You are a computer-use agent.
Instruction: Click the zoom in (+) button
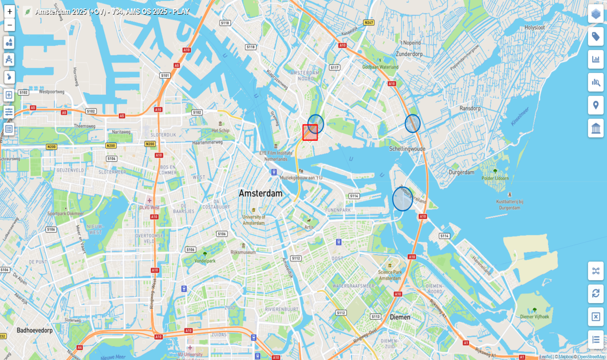click(9, 11)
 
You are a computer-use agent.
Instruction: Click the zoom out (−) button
click(9, 25)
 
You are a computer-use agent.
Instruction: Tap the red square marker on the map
click(310, 132)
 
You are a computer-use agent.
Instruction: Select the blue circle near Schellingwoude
click(413, 123)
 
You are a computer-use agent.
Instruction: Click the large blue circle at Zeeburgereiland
click(403, 199)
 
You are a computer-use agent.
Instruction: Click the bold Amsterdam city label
click(260, 194)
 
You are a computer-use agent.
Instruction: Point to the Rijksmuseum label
click(243, 252)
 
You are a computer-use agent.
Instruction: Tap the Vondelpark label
click(205, 260)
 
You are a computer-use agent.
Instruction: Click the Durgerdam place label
click(461, 172)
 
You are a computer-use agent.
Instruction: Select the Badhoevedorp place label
click(34, 330)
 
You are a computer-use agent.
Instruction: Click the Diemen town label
click(400, 317)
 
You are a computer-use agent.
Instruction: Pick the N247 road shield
click(368, 23)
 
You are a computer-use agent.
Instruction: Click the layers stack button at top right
click(596, 14)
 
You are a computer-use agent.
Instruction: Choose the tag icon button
click(596, 37)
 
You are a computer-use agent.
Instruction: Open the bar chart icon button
click(596, 59)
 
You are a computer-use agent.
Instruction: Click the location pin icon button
click(596, 105)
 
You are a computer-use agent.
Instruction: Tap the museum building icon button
click(596, 128)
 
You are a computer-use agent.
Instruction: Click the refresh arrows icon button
click(596, 294)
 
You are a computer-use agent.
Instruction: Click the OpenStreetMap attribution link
click(591, 357)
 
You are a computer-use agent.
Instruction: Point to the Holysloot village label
click(534, 28)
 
